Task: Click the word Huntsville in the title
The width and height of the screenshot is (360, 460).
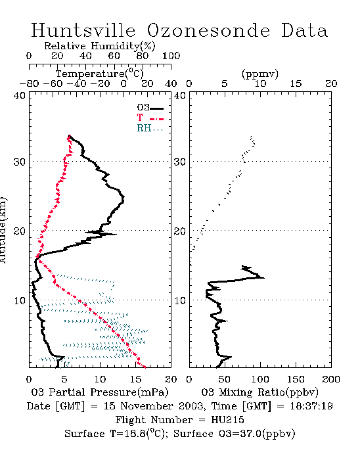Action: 83,30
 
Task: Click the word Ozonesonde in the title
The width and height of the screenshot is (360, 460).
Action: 208,30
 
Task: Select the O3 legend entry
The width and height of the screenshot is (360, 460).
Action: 150,108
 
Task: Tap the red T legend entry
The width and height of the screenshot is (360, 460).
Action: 150,118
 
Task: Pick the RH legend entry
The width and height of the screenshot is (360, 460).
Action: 150,128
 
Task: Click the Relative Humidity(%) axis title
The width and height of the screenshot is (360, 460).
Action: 100,46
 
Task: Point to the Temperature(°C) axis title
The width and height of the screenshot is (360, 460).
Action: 100,74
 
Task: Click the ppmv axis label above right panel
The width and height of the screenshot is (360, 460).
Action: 260,74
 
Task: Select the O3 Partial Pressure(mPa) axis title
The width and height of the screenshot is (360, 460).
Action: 100,392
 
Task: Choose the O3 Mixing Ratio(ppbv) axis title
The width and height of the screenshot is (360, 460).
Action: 259,392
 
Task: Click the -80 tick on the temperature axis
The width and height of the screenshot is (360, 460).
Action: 29,84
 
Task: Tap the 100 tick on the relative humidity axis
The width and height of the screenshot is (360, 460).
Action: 171,56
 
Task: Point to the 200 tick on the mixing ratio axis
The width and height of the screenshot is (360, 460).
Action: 331,379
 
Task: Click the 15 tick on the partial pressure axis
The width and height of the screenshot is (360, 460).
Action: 135,379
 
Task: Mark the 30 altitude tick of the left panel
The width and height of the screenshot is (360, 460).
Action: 19,162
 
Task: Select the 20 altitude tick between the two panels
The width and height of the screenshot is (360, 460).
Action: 180,231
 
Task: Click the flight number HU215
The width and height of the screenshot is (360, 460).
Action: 227,420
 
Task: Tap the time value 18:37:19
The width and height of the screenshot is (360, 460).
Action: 311,406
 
